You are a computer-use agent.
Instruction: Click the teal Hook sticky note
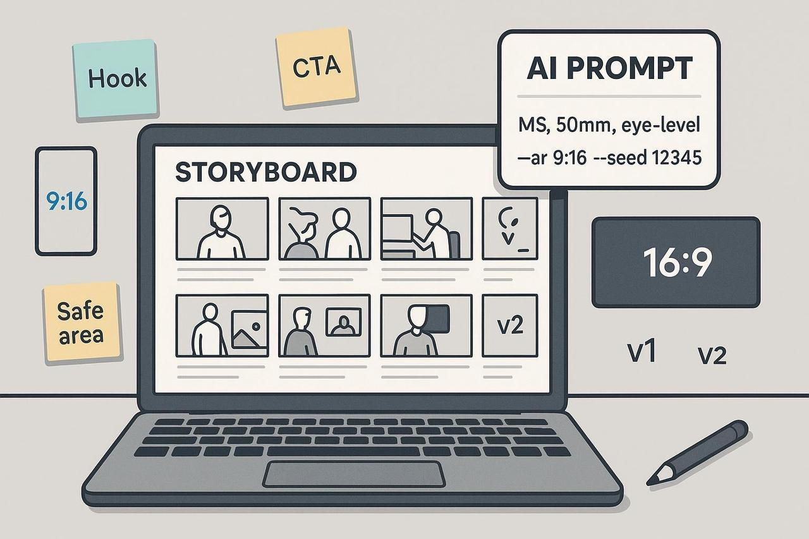[116, 80]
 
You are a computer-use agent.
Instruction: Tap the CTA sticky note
[316, 66]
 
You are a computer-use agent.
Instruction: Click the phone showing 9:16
[66, 201]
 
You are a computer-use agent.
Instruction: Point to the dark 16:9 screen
[676, 262]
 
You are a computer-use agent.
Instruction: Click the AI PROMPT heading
[609, 69]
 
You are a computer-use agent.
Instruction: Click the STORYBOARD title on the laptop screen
[265, 173]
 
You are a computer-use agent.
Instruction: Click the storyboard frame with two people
[324, 228]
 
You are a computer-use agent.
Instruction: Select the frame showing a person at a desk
[426, 228]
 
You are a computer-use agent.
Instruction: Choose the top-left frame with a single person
[222, 228]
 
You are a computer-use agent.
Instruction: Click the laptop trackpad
[353, 474]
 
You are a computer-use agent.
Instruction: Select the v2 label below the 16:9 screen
[711, 356]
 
